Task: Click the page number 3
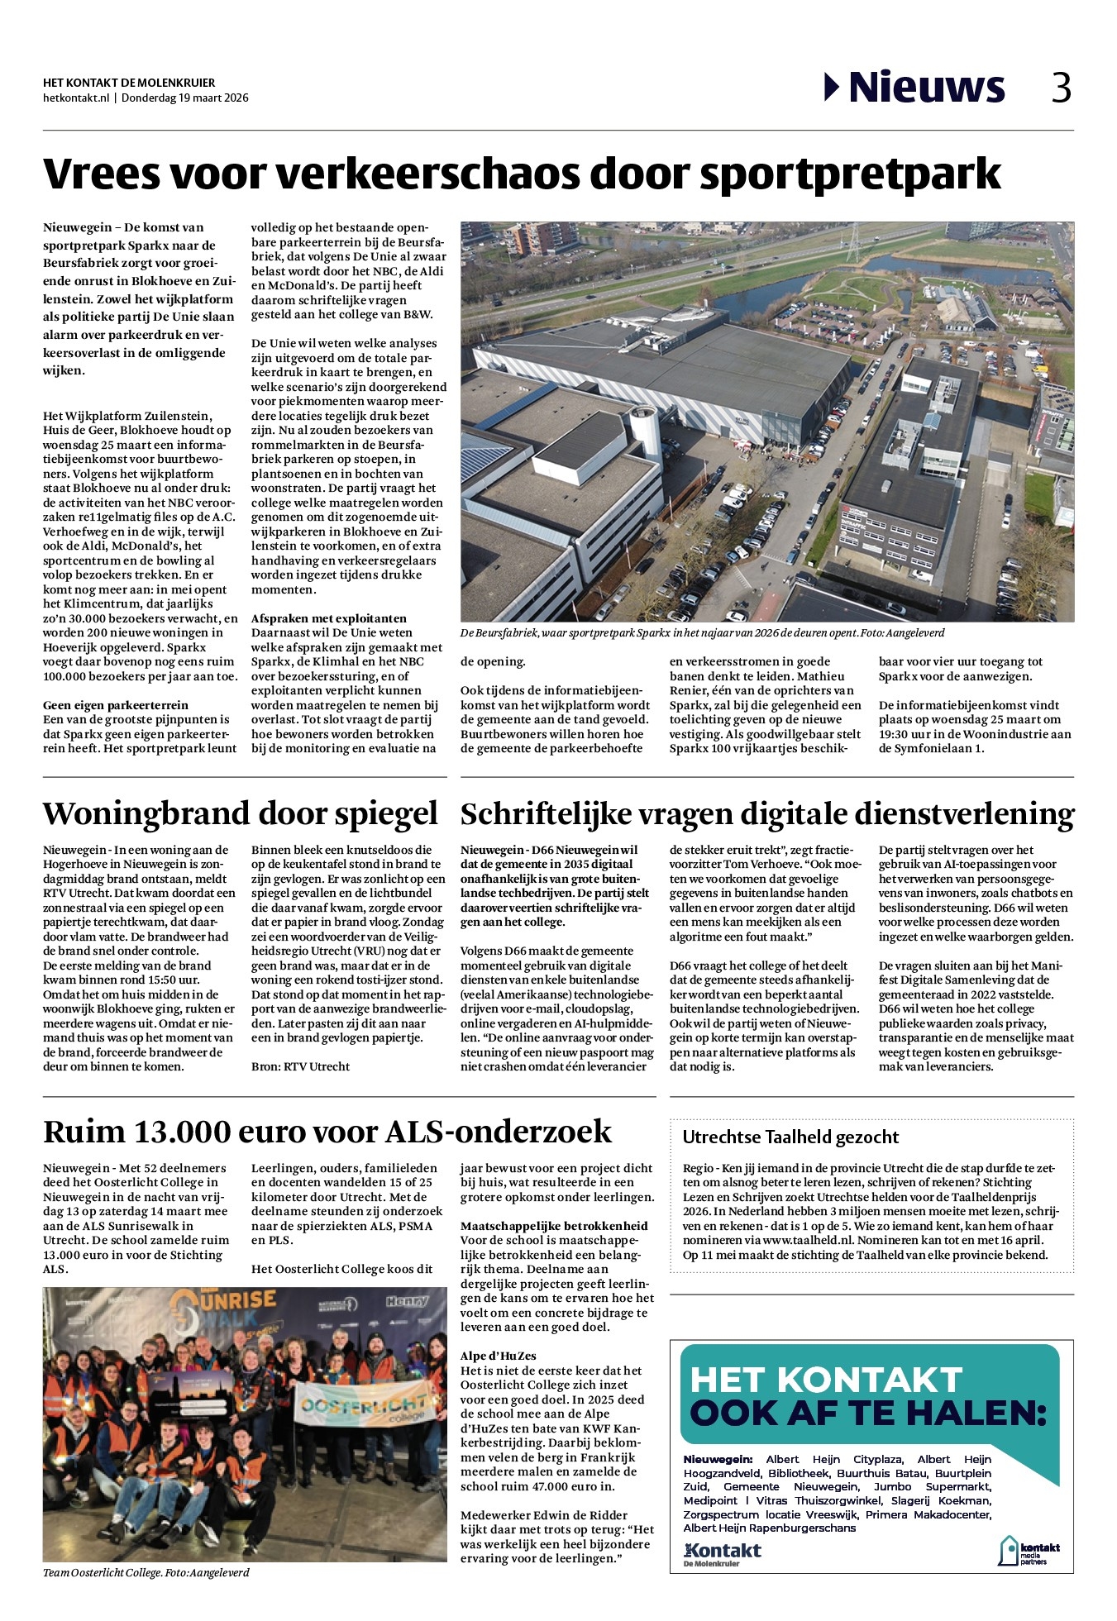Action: pyautogui.click(x=1061, y=87)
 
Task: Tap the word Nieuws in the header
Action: pyautogui.click(x=926, y=87)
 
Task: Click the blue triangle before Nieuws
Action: pyautogui.click(x=832, y=87)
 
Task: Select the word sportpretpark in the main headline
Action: pyautogui.click(x=850, y=174)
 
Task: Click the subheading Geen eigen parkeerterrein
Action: pyautogui.click(x=116, y=705)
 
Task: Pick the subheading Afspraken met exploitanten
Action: pyautogui.click(x=329, y=618)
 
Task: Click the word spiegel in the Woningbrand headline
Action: pyautogui.click(x=385, y=813)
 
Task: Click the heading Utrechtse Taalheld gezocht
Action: pyautogui.click(x=790, y=1137)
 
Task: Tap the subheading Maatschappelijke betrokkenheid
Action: pyautogui.click(x=554, y=1226)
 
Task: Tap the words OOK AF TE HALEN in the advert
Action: pyautogui.click(x=868, y=1414)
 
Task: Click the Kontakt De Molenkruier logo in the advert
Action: pyautogui.click(x=722, y=1553)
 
